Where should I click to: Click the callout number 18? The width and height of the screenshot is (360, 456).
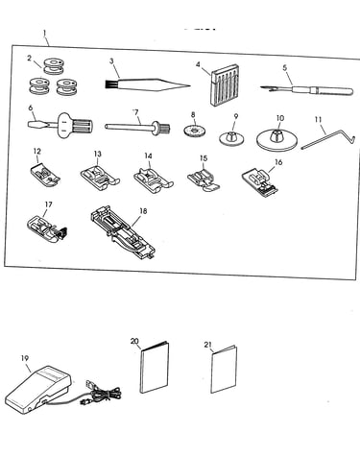(143, 211)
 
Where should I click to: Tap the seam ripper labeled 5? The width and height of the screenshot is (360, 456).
(307, 89)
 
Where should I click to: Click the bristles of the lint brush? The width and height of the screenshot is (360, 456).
(110, 84)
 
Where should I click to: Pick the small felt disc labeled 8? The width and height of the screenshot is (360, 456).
(194, 131)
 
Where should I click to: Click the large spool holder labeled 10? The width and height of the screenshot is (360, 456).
(277, 139)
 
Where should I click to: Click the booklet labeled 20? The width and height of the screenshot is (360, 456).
(155, 368)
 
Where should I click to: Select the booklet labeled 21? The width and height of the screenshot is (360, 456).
(224, 369)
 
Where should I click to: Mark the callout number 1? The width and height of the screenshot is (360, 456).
(44, 33)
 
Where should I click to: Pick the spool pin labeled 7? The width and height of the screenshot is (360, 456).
(137, 128)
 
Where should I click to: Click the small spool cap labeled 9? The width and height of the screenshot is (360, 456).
(232, 138)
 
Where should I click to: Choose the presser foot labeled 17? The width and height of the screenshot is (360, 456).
(47, 228)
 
